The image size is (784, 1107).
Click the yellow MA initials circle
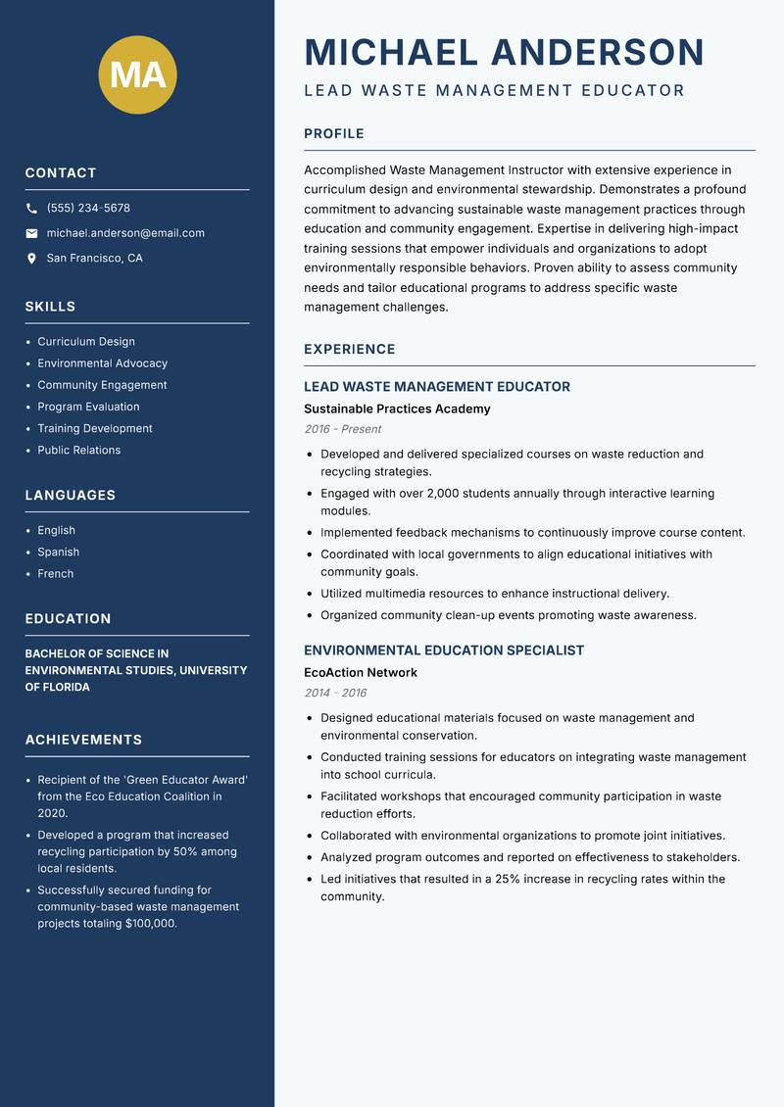138,74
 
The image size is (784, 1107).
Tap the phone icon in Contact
31,209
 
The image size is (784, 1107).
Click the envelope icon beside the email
31,233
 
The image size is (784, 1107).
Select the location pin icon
31,259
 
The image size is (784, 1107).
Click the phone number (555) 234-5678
88,209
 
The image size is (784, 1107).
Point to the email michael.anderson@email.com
125,233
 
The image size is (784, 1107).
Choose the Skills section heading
50,307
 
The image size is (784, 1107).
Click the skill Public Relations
79,451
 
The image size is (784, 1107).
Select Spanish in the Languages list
59,553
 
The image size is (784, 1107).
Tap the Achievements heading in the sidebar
83,740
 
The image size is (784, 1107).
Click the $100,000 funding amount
151,924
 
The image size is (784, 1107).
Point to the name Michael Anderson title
505,52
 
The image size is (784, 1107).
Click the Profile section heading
334,134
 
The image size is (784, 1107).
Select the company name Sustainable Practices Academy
397,409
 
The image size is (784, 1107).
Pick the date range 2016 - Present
343,429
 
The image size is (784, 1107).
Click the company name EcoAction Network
361,673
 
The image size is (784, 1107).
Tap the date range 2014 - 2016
335,693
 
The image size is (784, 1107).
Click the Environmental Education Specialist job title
444,650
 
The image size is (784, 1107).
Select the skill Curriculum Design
86,342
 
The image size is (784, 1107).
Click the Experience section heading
350,350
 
